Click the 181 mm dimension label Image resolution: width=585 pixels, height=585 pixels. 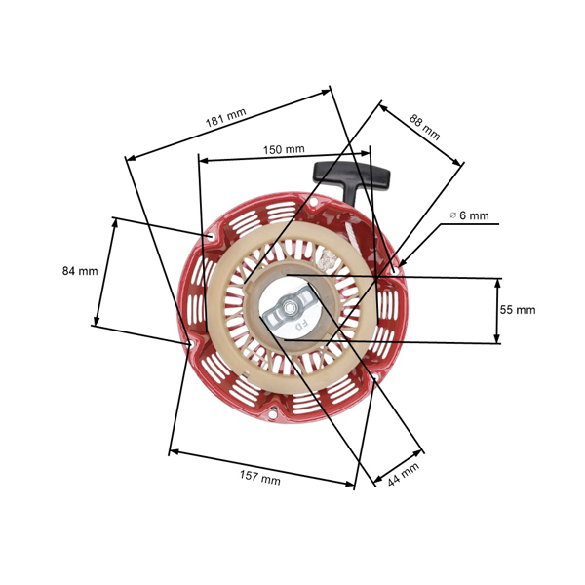[225, 119]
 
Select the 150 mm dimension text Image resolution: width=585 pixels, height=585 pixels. [284, 149]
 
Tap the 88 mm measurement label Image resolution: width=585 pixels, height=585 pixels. [424, 128]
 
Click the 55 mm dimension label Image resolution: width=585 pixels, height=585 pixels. [518, 310]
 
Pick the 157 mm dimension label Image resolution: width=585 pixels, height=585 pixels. [260, 479]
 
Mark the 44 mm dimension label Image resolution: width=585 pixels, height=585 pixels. [403, 475]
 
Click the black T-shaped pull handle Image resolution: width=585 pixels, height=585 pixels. [352, 178]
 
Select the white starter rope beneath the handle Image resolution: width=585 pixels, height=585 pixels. [371, 219]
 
